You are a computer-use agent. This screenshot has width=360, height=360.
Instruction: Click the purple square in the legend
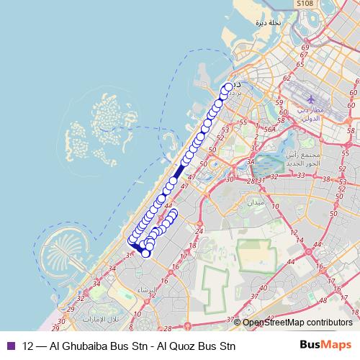click(9, 345)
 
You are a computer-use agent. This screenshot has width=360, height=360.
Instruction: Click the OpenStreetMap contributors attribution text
click(297, 323)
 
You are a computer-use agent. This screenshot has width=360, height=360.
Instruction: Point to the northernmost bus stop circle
click(229, 87)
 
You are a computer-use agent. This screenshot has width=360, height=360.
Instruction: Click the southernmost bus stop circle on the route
click(146, 253)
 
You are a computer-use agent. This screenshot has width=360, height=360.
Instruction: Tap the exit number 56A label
click(270, 129)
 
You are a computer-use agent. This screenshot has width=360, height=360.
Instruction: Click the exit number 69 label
click(305, 48)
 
